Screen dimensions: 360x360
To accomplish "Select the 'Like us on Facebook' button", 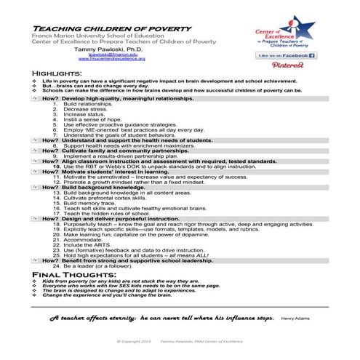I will (286, 55).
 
